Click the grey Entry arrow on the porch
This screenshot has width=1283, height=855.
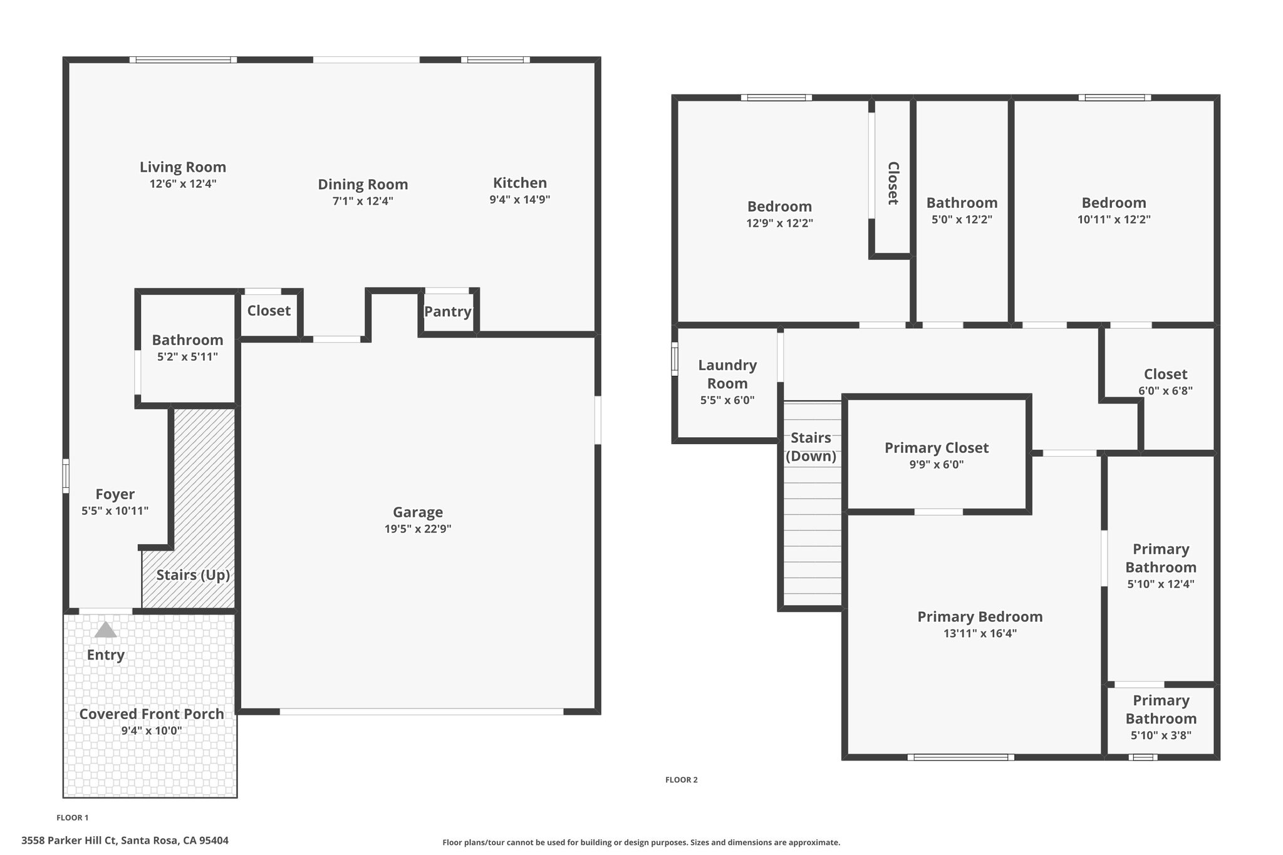click(x=105, y=630)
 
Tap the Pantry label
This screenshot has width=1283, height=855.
click(x=448, y=312)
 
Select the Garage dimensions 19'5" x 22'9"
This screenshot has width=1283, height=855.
click(x=418, y=529)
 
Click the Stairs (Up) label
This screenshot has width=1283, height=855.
click(x=193, y=575)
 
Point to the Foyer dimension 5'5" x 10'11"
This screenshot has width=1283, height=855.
click(x=115, y=510)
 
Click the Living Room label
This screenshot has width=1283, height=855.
click(x=183, y=167)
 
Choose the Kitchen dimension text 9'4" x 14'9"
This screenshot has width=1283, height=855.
click(x=520, y=200)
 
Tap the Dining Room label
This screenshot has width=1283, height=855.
click(x=363, y=185)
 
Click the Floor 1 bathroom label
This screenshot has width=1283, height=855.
click(x=187, y=340)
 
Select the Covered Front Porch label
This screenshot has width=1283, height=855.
click(x=152, y=714)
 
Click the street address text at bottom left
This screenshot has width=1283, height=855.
click(x=125, y=841)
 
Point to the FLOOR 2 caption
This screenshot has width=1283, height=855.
click(x=682, y=780)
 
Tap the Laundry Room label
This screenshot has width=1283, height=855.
click(x=727, y=374)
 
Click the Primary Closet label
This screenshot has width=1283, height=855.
click(x=937, y=448)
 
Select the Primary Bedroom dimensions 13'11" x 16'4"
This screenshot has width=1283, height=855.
click(x=980, y=633)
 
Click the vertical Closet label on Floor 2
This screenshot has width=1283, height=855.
click(x=893, y=184)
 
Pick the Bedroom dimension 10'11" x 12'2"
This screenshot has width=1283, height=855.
click(x=1114, y=220)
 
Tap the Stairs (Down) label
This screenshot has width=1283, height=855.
click(x=811, y=447)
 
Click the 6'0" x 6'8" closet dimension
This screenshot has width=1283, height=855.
click(x=1165, y=391)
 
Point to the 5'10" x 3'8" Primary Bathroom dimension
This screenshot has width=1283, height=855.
click(x=1161, y=735)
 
